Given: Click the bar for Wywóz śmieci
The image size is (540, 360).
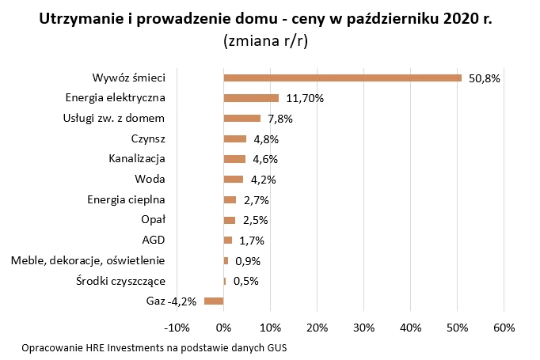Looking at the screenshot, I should pyautogui.click(x=342, y=78).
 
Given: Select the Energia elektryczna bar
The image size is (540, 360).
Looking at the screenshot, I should pyautogui.click(x=251, y=98).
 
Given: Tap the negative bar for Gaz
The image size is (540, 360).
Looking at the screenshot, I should pyautogui.click(x=214, y=301).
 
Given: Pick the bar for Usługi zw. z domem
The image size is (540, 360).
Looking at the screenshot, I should pyautogui.click(x=242, y=119).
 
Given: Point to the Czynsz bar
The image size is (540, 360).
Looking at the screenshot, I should pyautogui.click(x=235, y=139).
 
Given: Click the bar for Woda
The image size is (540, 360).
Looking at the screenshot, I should pyautogui.click(x=234, y=179).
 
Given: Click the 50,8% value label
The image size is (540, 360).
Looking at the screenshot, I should pyautogui.click(x=484, y=78).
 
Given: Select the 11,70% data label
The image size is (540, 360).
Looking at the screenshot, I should pyautogui.click(x=305, y=99).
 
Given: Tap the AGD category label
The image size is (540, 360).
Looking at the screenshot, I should pyautogui.click(x=153, y=240).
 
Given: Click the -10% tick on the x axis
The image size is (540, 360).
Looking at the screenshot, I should pyautogui.click(x=176, y=328).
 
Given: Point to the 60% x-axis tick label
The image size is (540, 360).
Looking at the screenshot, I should pyautogui.click(x=504, y=328).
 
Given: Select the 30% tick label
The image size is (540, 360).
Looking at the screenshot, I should pyautogui.click(x=363, y=328).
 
